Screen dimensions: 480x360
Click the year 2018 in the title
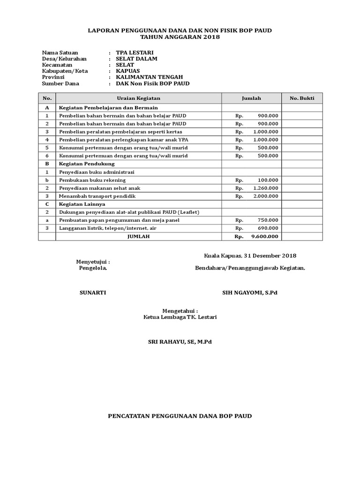click(211, 37)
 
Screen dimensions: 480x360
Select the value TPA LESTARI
click(135, 52)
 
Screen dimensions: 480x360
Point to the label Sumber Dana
click(60, 84)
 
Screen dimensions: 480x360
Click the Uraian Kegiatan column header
click(138, 98)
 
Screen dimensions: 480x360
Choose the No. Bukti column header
click(302, 98)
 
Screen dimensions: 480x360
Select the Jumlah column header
click(251, 98)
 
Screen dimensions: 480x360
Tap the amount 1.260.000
click(265, 188)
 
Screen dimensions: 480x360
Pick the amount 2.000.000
click(265, 196)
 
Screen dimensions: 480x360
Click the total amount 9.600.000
click(265, 237)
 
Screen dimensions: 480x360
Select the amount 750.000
click(268, 220)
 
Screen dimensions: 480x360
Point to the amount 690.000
click(268, 228)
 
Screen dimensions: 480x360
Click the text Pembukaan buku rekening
click(92, 180)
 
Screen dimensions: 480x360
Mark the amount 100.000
click(268, 180)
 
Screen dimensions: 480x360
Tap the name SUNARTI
click(93, 292)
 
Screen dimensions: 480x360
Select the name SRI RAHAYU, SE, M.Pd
click(180, 342)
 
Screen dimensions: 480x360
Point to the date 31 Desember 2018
click(270, 256)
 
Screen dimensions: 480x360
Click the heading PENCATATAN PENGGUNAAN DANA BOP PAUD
click(180, 416)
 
